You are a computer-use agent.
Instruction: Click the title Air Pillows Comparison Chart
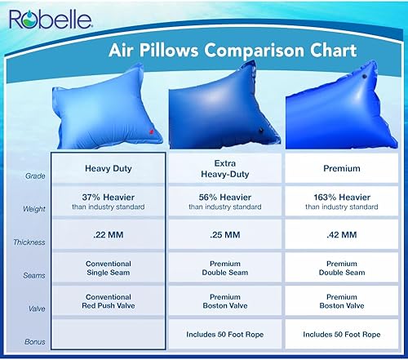coord(233,51)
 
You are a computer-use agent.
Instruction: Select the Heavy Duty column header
coord(109,170)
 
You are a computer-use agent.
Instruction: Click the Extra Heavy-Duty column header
coord(224,170)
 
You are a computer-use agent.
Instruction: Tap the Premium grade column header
coord(341,170)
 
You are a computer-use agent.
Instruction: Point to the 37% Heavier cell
coord(109,201)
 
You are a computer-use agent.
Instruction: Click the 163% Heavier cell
coord(341,201)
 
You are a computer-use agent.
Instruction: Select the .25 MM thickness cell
coord(224,236)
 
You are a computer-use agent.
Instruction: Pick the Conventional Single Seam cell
coord(109,269)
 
